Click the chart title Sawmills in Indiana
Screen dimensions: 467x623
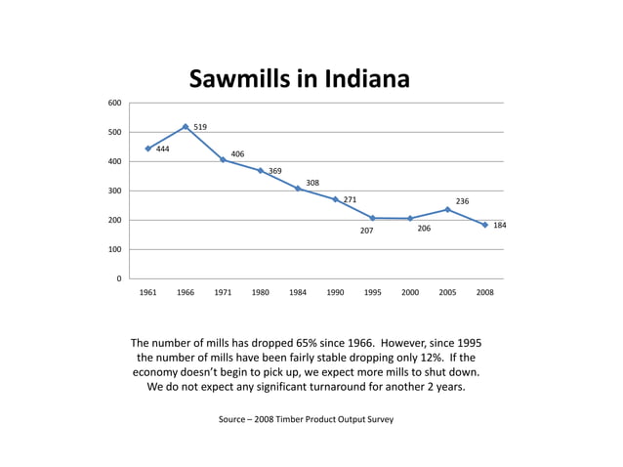coord(299,78)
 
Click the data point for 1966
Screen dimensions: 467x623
coord(186,126)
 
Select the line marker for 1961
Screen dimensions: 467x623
coord(148,149)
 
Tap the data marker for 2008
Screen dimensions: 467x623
coord(484,225)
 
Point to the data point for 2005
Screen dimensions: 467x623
coord(447,209)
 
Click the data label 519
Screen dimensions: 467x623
coord(200,127)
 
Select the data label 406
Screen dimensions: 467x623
coord(237,154)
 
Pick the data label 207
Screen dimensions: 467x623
coord(366,231)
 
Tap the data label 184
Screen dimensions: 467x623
coord(499,225)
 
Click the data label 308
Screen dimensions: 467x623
coord(312,183)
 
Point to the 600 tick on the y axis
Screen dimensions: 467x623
coord(115,103)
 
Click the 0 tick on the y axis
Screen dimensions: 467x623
coord(119,278)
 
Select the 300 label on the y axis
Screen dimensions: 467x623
coord(115,191)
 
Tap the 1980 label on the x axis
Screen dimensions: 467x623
coord(261,292)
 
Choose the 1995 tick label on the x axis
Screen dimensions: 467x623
coord(373,292)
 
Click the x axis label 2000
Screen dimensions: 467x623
coord(410,292)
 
